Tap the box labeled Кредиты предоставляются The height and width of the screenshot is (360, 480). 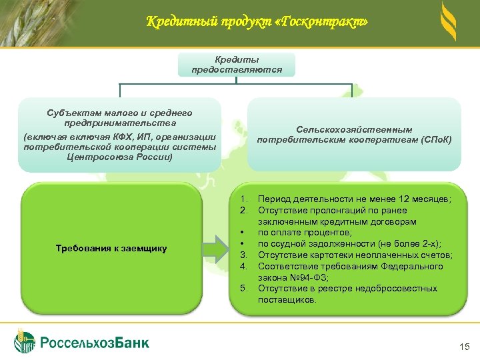point(237,65)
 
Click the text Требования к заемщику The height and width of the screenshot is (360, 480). point(111,249)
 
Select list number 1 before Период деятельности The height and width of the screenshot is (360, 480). point(244,199)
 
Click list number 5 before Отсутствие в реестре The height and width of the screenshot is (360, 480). point(244,289)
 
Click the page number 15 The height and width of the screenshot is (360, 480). point(465,347)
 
